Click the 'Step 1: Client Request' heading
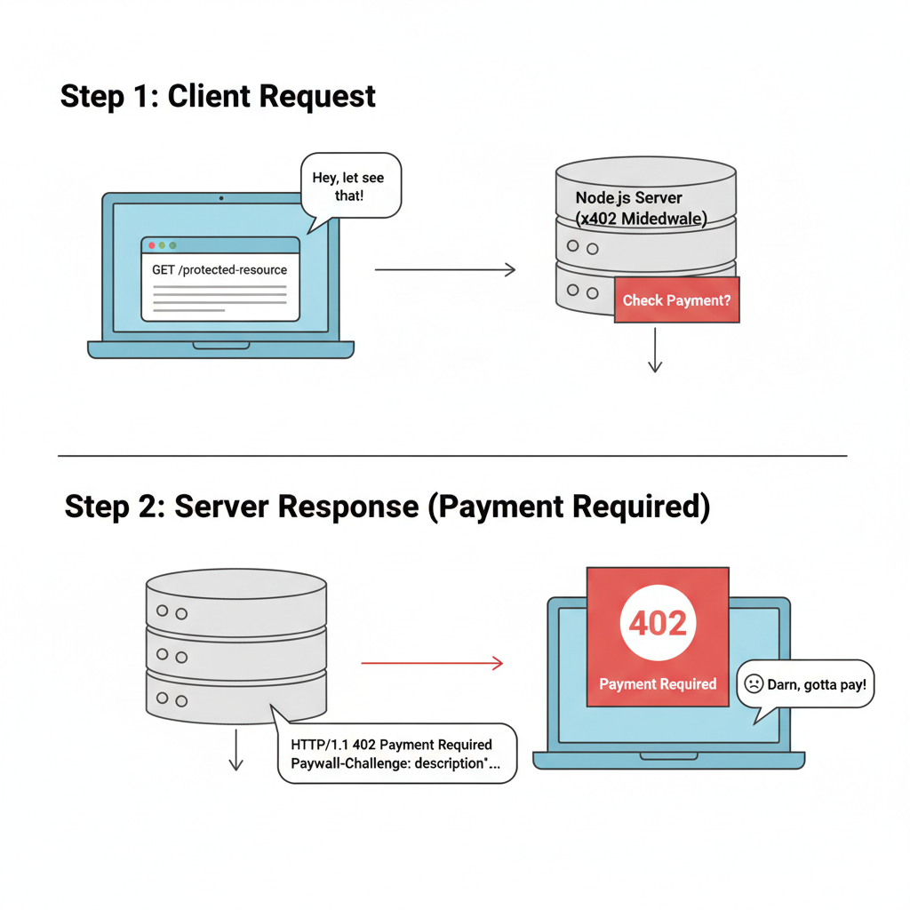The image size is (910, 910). [x=218, y=96]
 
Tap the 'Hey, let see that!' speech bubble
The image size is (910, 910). [x=349, y=187]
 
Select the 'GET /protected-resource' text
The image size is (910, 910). [x=220, y=269]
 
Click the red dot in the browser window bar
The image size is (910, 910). [x=152, y=245]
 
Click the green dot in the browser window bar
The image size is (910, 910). [x=172, y=245]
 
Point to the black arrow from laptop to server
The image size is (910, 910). [x=444, y=269]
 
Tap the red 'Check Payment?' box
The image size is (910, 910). [x=676, y=300]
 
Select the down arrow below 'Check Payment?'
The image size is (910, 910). [x=655, y=350]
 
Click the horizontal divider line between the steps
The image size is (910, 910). [x=452, y=456]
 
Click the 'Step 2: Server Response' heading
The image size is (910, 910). [x=387, y=507]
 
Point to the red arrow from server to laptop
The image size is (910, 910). [x=432, y=663]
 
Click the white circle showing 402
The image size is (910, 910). [x=658, y=624]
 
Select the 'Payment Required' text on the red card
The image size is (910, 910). [x=658, y=684]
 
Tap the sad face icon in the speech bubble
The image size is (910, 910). [x=753, y=684]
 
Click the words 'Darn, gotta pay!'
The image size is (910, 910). [x=818, y=684]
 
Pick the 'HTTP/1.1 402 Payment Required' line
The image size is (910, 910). [x=391, y=744]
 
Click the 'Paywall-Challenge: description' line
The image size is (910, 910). [x=395, y=763]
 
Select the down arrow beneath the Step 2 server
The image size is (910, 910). [x=235, y=751]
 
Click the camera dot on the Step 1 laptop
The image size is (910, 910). [x=220, y=197]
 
